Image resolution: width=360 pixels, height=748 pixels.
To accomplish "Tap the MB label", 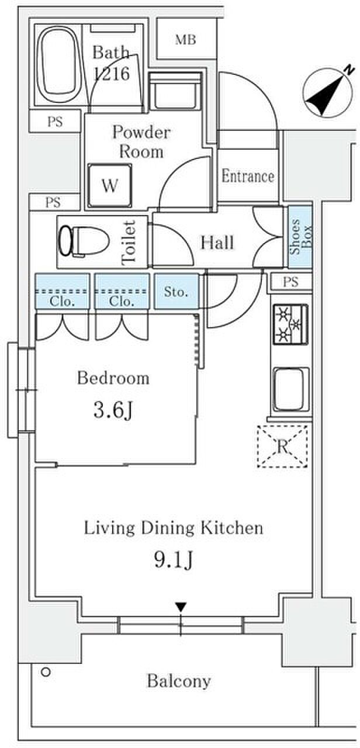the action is (x=186, y=40).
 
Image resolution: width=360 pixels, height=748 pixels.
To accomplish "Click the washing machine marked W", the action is (x=110, y=186).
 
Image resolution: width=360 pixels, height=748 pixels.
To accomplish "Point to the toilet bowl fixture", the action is (x=84, y=241).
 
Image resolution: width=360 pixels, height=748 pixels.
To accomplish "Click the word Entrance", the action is (x=248, y=176).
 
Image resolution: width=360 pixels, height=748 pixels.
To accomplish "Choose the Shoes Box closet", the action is (x=300, y=237).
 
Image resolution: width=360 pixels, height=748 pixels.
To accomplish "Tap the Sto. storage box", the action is (x=176, y=291).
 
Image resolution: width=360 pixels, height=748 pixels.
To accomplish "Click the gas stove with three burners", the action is (x=290, y=324).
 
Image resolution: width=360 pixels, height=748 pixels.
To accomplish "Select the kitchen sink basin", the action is (x=291, y=389).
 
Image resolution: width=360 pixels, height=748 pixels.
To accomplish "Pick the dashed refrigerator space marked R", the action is (x=282, y=446).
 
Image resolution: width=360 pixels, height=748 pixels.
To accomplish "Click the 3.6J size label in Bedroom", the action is (x=113, y=410).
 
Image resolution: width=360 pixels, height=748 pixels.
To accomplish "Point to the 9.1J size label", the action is (x=174, y=560).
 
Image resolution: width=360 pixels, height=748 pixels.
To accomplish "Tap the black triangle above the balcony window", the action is (x=181, y=607).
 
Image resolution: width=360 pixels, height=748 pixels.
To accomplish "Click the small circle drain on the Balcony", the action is (x=46, y=671).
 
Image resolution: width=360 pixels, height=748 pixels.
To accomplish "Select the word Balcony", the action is (x=179, y=681).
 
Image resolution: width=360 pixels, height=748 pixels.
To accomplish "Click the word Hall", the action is (x=217, y=243).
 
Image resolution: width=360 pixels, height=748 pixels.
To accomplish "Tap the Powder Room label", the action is (x=141, y=142).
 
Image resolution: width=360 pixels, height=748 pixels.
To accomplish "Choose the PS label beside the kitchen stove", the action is (x=290, y=282).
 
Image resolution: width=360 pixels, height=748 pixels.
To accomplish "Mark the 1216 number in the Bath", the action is (x=112, y=74).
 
